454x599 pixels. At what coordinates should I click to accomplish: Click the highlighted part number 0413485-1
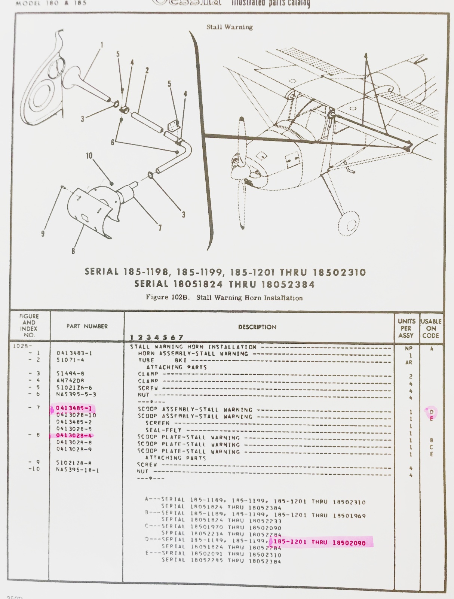point(74,408)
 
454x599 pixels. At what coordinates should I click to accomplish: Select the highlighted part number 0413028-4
point(74,435)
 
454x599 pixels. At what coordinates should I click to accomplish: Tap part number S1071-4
point(70,360)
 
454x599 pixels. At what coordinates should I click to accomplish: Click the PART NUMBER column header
point(87,326)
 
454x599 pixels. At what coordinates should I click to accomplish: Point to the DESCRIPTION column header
point(257,327)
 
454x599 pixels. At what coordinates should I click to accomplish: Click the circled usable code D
point(431,412)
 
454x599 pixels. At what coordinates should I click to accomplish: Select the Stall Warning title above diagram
point(230,27)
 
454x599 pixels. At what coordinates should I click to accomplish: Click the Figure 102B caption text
point(224,298)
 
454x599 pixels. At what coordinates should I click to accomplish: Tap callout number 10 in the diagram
point(89,156)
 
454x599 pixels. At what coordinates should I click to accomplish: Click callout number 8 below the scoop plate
point(73,251)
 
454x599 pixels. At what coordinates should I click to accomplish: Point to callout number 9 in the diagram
point(43,234)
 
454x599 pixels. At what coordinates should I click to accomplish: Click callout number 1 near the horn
point(102,45)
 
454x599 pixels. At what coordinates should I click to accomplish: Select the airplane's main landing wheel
point(349,224)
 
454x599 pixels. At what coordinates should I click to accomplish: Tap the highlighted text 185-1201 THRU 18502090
point(319,542)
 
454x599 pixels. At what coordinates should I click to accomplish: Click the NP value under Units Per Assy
point(409,348)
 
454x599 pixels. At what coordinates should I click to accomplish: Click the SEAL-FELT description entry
point(163,430)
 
